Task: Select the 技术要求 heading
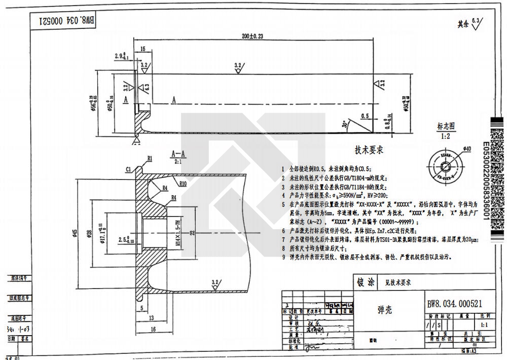tap(369, 151)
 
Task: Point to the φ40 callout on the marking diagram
tap(467, 149)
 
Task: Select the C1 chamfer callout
tap(129, 169)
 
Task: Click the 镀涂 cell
tap(366, 282)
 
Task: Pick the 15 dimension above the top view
tap(143, 49)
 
